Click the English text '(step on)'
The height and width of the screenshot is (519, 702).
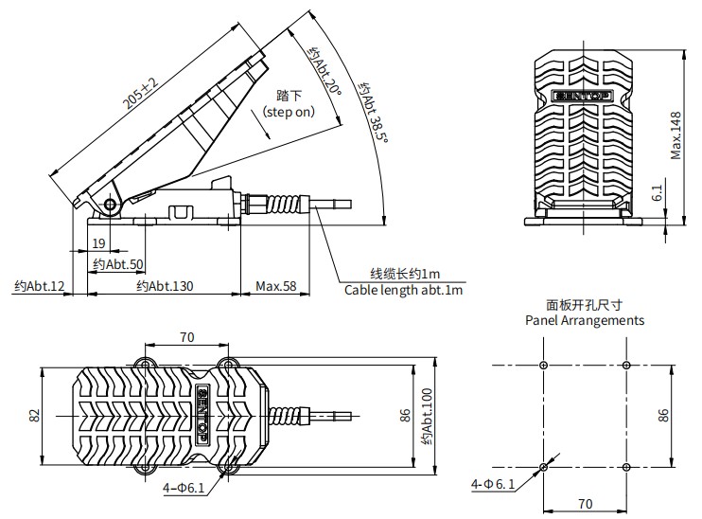(x=290, y=112)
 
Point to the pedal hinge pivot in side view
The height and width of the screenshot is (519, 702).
(x=112, y=206)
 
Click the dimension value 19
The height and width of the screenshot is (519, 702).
(x=99, y=242)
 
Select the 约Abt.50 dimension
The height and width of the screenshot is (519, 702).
(x=123, y=264)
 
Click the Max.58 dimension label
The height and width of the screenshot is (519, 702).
(x=276, y=286)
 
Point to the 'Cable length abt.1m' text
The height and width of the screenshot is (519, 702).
(x=404, y=290)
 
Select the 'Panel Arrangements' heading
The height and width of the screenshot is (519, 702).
(x=585, y=320)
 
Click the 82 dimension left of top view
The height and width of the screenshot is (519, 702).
(x=34, y=415)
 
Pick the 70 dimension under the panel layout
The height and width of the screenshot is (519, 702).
(x=584, y=504)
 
